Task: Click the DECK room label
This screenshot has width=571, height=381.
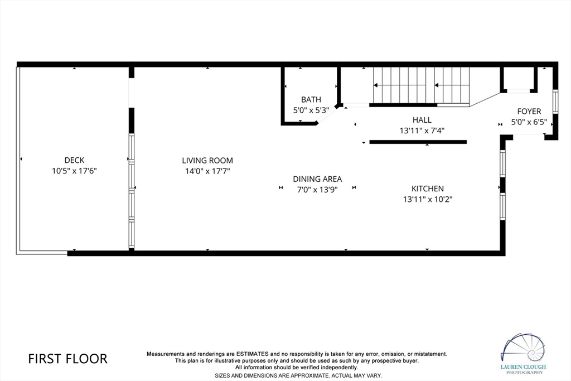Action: [74, 160]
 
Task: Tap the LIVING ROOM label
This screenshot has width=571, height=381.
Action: [207, 160]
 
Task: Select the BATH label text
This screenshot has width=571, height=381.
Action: [311, 99]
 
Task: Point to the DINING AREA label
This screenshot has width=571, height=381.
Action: [317, 179]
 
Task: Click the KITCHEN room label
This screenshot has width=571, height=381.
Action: [428, 189]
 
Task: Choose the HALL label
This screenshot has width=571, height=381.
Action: [422, 120]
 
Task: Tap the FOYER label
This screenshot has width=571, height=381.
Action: [529, 112]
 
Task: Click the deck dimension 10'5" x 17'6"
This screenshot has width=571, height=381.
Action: [74, 171]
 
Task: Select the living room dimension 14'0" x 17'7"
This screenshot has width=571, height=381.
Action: [207, 171]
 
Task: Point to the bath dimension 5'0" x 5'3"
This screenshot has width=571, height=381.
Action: [311, 110]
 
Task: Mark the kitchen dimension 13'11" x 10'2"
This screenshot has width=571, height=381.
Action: [428, 199]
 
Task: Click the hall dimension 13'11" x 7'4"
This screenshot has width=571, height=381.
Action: [422, 131]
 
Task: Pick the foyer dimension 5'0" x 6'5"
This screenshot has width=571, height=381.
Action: [529, 122]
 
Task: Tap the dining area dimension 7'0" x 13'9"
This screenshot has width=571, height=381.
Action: [317, 190]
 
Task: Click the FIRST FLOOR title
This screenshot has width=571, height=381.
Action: [67, 359]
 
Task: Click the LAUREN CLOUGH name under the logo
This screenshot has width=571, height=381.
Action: [523, 367]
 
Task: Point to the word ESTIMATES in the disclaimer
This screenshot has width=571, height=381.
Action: [253, 354]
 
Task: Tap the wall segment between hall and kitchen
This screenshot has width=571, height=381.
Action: [418, 142]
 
